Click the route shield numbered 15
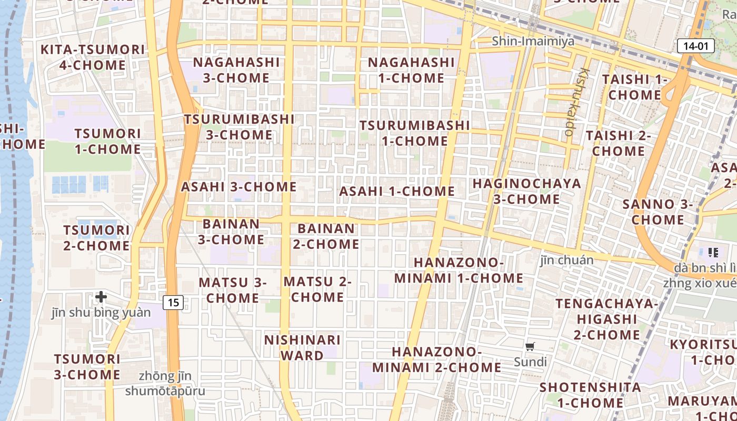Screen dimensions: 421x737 [173, 302]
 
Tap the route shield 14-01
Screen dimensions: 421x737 [695, 46]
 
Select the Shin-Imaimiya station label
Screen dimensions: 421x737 [533, 41]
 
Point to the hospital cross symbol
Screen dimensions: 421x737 [101, 297]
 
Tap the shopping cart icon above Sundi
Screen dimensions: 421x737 [530, 346]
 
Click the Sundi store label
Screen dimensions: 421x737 [530, 362]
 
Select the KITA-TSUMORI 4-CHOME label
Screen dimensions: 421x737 [92, 57]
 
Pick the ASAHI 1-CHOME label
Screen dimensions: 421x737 [397, 191]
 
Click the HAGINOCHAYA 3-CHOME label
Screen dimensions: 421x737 [526, 191]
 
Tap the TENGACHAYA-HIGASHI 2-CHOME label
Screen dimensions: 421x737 [606, 319]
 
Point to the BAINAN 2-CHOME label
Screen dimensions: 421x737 [326, 236]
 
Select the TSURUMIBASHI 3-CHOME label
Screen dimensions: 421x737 [239, 127]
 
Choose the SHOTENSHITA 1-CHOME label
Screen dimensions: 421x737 [590, 395]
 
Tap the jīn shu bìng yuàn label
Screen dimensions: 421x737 [101, 313]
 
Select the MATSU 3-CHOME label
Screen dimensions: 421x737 [233, 290]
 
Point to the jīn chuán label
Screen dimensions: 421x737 [566, 260]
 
